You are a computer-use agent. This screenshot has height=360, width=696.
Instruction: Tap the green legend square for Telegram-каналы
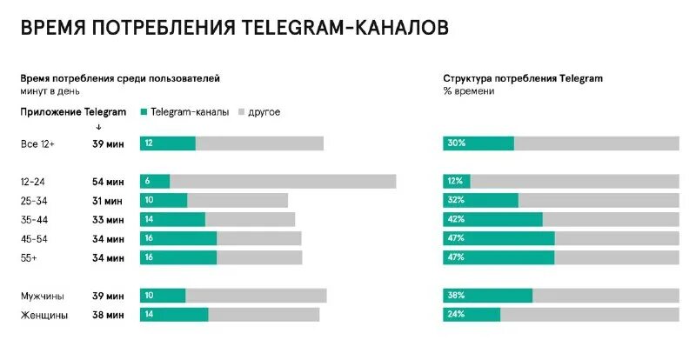pos(144,112)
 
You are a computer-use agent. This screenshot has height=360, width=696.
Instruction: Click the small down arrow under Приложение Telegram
pos(98,127)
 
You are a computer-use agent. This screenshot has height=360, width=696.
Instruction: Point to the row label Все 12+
pos(37,143)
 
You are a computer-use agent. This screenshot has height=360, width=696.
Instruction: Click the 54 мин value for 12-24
pos(108,181)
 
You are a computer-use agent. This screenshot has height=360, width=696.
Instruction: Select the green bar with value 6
pos(155,181)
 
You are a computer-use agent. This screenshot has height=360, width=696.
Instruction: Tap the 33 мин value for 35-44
pos(108,219)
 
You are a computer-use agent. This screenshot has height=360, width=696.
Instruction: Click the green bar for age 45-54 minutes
pos(178,238)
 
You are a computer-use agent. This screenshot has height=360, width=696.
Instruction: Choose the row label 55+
pos(30,257)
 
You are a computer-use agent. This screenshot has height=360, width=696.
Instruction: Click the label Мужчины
pos(43,296)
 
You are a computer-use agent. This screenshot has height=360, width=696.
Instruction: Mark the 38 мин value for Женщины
pos(108,315)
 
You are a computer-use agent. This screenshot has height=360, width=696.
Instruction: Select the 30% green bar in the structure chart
pos(478,143)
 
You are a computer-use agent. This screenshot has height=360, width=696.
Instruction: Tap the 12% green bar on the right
pos(457,181)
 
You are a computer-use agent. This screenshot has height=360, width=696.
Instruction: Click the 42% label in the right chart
pos(456,219)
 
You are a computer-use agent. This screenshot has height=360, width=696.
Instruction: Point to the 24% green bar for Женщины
pos(472,315)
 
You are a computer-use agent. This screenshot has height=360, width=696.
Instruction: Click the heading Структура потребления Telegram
pos(522,78)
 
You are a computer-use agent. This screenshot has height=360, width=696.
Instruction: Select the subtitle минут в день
pos(50,90)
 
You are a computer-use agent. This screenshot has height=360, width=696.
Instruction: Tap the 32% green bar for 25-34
pos(480,200)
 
